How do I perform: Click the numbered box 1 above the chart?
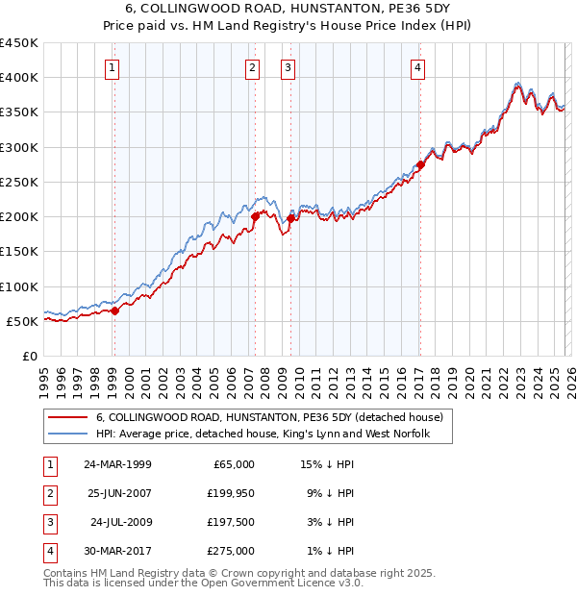[x=113, y=67]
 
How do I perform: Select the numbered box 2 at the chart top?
[x=252, y=67]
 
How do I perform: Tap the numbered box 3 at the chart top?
[x=288, y=67]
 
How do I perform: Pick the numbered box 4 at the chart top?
[x=418, y=67]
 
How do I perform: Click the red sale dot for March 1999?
[x=114, y=310]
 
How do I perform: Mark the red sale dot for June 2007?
[x=255, y=217]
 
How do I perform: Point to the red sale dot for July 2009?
[x=290, y=218]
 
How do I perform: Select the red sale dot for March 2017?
[x=420, y=164]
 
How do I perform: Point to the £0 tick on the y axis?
[x=29, y=356]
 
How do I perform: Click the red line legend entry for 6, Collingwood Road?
[x=269, y=417]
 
